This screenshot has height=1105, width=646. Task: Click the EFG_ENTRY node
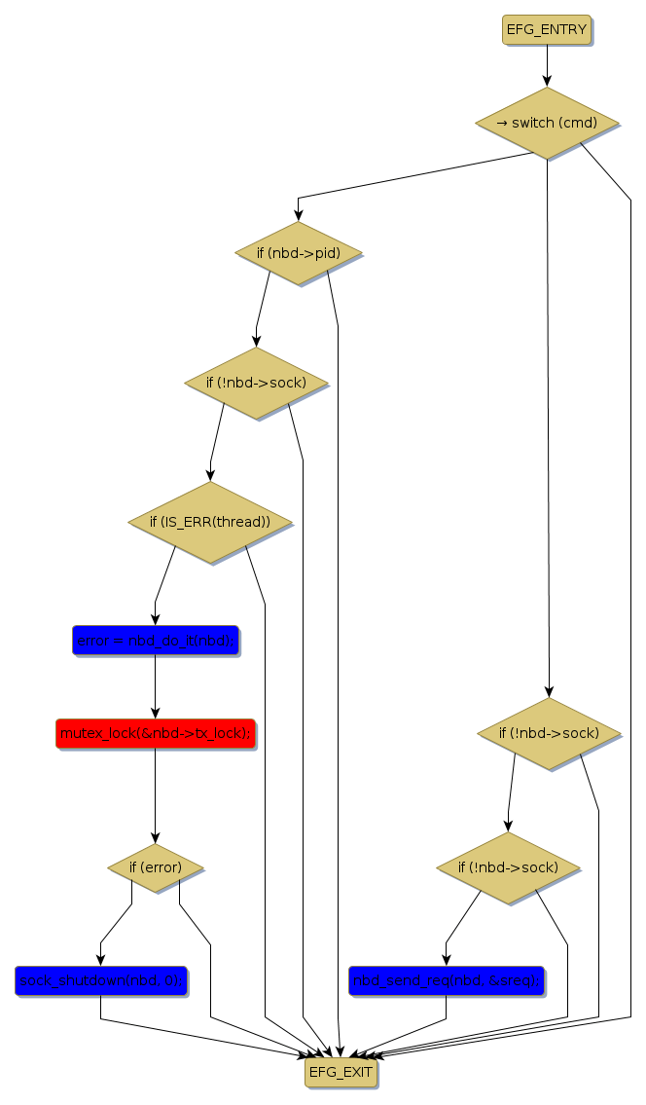tap(546, 29)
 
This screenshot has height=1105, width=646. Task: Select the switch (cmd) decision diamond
tap(547, 123)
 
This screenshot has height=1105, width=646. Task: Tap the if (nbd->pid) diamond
tap(298, 253)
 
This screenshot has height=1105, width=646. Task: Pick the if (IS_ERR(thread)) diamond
tap(209, 522)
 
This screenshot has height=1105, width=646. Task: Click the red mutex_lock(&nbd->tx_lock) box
tap(155, 733)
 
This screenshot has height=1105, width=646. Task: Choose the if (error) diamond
tap(155, 866)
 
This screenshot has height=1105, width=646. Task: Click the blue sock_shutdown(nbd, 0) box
tap(100, 979)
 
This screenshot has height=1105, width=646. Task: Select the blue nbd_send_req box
tap(446, 979)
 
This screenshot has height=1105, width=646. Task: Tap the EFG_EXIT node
tap(340, 1073)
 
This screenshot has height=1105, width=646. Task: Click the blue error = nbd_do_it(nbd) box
tap(155, 641)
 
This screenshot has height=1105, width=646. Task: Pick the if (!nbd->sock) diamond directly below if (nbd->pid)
tap(256, 383)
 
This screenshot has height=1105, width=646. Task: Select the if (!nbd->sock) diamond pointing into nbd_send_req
tap(508, 866)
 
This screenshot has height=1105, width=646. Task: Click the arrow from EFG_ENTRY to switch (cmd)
tap(547, 66)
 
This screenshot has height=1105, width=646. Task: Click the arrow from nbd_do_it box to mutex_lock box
tap(155, 687)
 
